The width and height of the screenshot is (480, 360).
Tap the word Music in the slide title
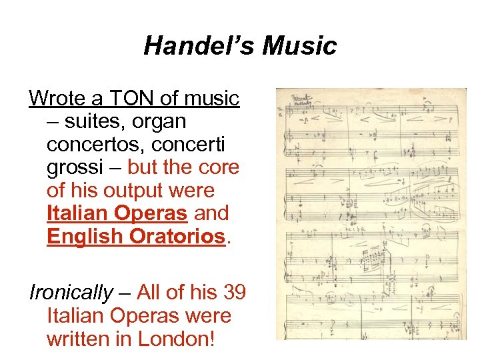tap(299, 46)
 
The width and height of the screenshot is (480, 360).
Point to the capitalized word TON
tap(133, 99)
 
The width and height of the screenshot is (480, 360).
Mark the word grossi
tap(78, 168)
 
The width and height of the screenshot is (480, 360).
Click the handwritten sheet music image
tap(371, 214)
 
